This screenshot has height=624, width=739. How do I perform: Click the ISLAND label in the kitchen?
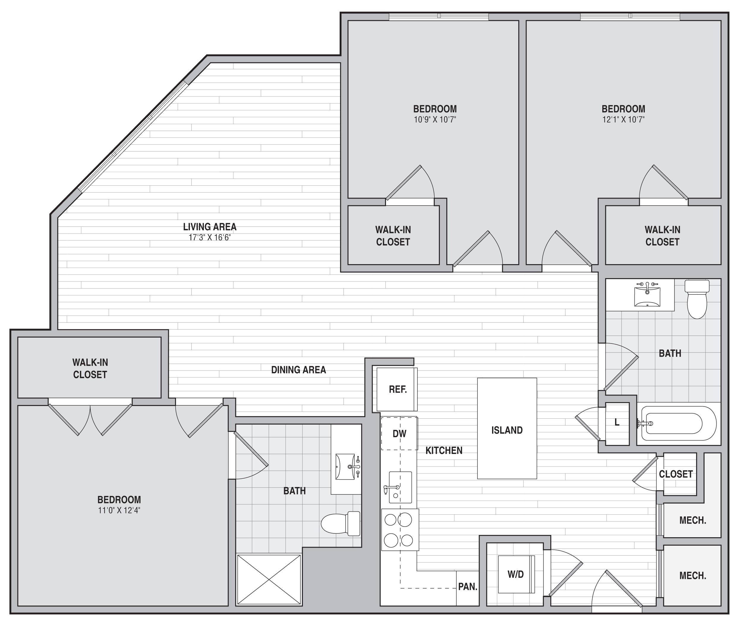point(507,430)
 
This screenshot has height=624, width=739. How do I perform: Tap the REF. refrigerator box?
point(397,390)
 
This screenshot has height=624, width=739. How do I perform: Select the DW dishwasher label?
point(399,434)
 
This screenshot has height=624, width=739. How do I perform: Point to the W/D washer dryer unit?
point(516,574)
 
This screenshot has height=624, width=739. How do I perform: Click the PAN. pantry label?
point(468,587)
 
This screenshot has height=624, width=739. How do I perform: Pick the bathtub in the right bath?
point(678,423)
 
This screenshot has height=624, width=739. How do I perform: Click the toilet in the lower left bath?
point(340,523)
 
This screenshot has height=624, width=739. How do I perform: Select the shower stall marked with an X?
point(269,579)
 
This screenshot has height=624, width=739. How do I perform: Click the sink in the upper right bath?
point(647,297)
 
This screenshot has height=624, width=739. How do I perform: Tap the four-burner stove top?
point(400,530)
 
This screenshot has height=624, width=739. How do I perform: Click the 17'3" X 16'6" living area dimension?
point(210,237)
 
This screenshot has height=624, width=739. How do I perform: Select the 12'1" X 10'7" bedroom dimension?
point(624,119)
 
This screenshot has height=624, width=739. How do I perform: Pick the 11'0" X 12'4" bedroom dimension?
point(119,510)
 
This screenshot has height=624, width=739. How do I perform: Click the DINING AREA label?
point(299,370)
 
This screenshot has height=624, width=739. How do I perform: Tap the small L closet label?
point(617,422)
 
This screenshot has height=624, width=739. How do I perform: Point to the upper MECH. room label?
point(693,520)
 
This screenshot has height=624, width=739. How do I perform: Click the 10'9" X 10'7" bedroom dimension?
point(435,119)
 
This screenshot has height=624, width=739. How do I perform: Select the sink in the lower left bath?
point(346,467)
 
